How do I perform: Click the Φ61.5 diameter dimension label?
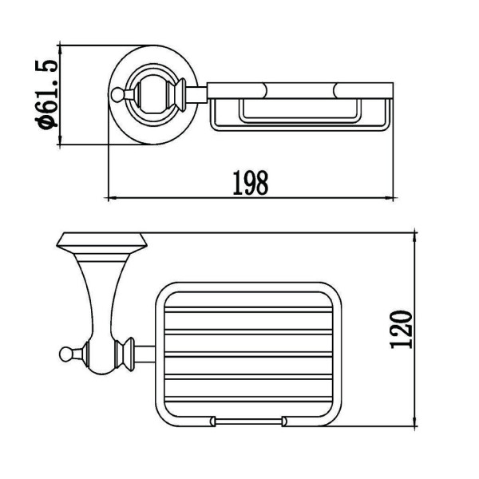click(x=46, y=94)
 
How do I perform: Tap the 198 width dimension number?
click(x=250, y=183)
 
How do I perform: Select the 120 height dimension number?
click(x=401, y=330)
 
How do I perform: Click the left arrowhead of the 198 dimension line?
click(x=113, y=198)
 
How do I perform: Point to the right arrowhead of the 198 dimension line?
click(x=389, y=198)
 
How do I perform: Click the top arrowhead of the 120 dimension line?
click(x=415, y=237)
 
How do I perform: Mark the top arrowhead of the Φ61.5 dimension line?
click(x=60, y=49)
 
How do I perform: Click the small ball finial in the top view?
click(x=117, y=94)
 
